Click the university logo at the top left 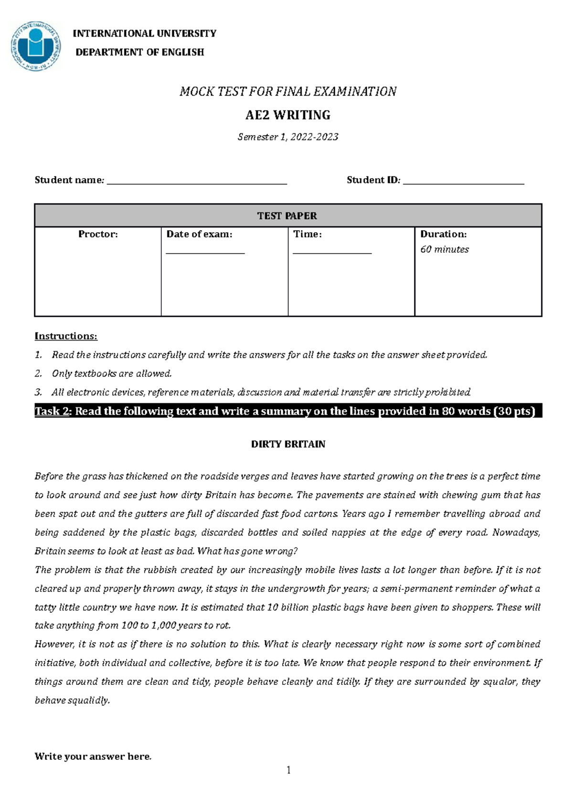(x=36, y=47)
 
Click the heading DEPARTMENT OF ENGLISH (x=139, y=52)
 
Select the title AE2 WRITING (x=287, y=115)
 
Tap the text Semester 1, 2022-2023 (x=288, y=137)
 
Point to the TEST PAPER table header (x=287, y=216)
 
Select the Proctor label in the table (x=98, y=234)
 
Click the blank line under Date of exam (x=205, y=252)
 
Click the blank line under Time (x=332, y=252)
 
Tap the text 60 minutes (x=444, y=249)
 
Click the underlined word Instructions (x=66, y=336)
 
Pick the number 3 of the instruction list (x=38, y=393)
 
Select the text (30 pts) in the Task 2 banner (x=514, y=411)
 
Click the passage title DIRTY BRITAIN (x=288, y=444)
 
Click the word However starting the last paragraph (x=54, y=644)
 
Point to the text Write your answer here (x=93, y=757)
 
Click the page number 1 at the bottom (x=288, y=770)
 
